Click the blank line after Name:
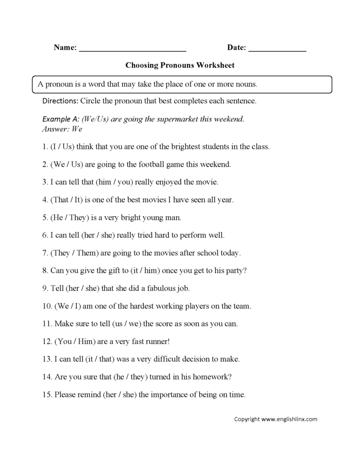click(x=132, y=49)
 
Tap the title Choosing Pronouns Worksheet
click(x=180, y=64)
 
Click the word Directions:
click(x=60, y=101)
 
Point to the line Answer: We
click(x=62, y=129)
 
